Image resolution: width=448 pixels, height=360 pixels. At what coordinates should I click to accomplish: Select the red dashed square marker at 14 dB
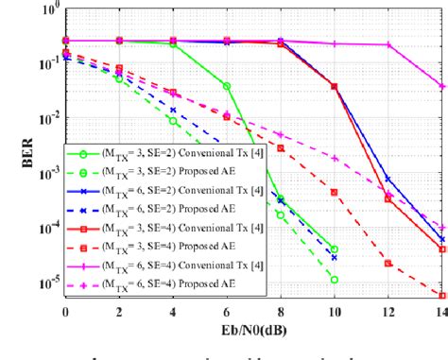click(441, 295)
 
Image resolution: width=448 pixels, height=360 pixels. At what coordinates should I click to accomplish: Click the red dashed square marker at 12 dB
click(388, 263)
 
